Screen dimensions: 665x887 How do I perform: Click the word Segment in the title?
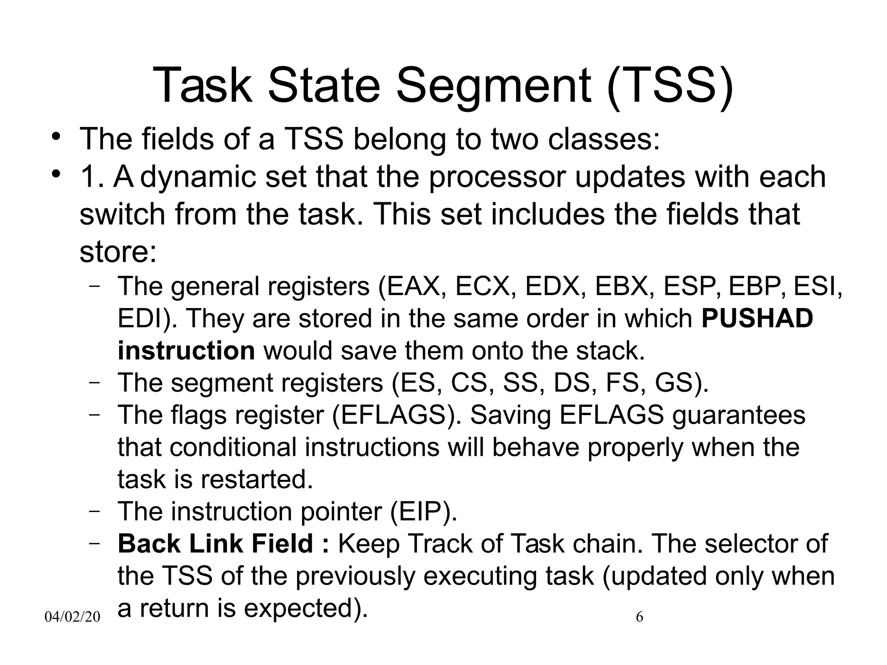click(x=493, y=85)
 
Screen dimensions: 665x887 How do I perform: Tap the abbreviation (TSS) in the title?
click(x=670, y=85)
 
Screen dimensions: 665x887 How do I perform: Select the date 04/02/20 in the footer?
click(x=72, y=617)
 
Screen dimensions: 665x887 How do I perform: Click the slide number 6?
click(x=639, y=617)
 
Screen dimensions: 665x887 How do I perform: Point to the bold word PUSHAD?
click(x=757, y=319)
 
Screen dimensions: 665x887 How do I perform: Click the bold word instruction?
click(x=186, y=351)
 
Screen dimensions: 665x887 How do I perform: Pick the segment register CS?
click(x=469, y=383)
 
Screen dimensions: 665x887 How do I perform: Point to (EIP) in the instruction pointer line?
click(x=423, y=512)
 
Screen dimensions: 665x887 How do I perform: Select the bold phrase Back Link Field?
click(x=215, y=544)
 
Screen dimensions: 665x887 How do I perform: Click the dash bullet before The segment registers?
click(x=95, y=383)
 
